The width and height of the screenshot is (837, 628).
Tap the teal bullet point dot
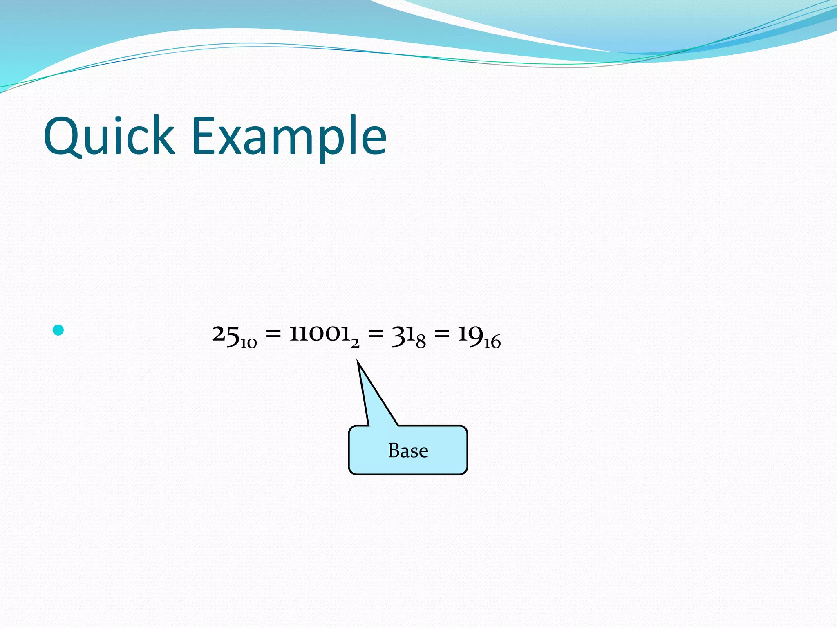pos(58,330)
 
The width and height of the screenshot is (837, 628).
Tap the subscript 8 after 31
pos(421,342)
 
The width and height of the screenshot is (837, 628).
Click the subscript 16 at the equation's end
pos(492,343)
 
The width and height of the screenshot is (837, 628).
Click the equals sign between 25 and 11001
pos(273,334)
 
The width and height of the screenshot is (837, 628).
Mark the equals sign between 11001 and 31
pos(376,334)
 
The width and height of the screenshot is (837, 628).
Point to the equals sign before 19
pos(441,334)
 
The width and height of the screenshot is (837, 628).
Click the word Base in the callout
pos(408,451)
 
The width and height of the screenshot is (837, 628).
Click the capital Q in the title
pos(63,136)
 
